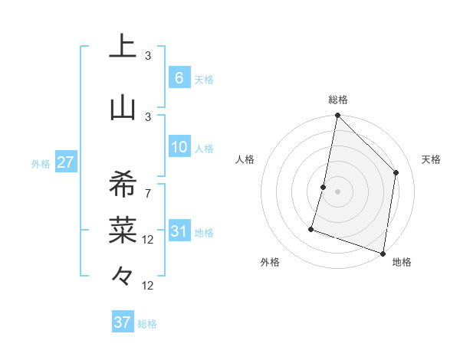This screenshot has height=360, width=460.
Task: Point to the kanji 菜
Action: click(x=123, y=227)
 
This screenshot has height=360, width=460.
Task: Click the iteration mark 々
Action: click(x=123, y=274)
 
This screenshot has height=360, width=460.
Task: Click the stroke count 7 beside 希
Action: click(x=148, y=193)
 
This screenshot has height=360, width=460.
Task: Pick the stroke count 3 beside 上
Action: click(x=148, y=56)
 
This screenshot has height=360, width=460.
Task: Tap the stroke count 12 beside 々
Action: click(x=148, y=286)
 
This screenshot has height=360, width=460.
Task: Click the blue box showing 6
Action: click(x=179, y=78)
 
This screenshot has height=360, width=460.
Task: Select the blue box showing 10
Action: click(x=179, y=147)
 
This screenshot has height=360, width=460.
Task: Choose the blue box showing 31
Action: click(x=179, y=231)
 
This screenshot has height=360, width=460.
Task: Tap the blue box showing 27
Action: click(x=65, y=162)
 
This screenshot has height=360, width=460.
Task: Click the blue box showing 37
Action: click(x=123, y=322)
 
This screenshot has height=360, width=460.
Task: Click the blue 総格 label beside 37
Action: click(x=148, y=324)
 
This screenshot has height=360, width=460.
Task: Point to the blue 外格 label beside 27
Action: click(x=41, y=164)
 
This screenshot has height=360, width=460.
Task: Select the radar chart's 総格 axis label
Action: click(x=337, y=100)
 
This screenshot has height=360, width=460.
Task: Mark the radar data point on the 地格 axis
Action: click(x=383, y=253)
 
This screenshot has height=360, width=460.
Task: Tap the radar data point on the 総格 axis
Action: click(x=337, y=116)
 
